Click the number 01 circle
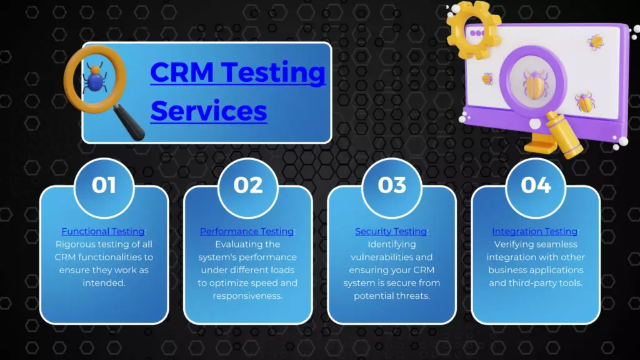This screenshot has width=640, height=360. (104, 187)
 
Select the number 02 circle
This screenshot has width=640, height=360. (247, 187)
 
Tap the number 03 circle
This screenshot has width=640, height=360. (392, 187)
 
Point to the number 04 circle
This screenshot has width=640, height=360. (536, 187)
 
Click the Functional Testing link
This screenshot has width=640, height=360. (103, 231)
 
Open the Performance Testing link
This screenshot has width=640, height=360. (246, 231)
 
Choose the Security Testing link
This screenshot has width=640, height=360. (391, 231)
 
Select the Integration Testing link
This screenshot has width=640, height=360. (535, 231)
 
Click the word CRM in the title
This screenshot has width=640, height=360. (182, 72)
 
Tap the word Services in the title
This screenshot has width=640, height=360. (209, 111)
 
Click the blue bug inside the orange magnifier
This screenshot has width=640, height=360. (95, 78)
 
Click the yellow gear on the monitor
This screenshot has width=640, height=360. (473, 29)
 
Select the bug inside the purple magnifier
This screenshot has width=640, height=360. (534, 84)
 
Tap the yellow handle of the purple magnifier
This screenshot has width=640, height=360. (565, 135)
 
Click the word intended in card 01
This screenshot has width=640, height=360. (104, 283)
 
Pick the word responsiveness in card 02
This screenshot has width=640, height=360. (247, 296)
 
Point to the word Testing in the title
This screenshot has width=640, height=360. (275, 72)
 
